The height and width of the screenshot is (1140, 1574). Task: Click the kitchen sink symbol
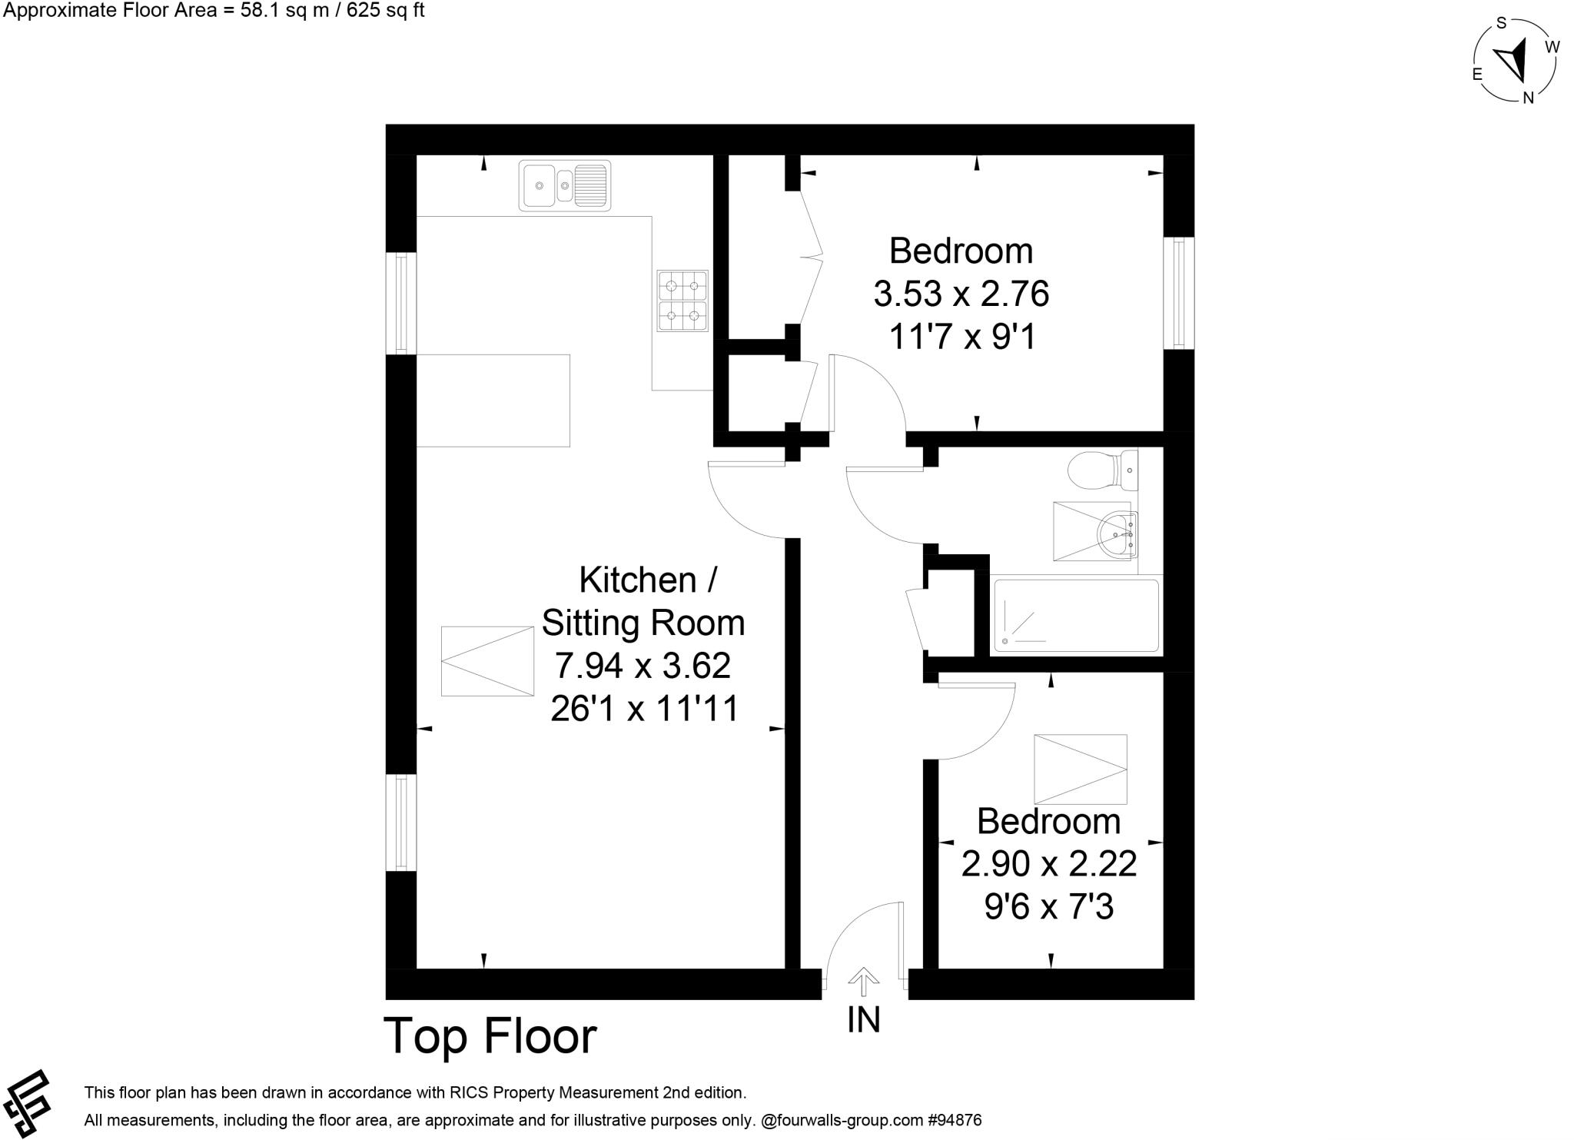(565, 185)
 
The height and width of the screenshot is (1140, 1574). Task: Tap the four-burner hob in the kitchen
(682, 301)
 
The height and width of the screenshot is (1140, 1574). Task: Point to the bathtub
(1075, 616)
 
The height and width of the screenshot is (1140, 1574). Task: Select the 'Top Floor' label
(490, 1035)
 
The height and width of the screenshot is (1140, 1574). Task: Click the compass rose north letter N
(1529, 98)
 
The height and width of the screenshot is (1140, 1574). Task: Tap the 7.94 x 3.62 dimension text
(643, 666)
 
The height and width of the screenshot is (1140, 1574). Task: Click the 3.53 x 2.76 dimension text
(961, 294)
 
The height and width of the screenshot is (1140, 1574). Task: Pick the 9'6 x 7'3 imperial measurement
(1048, 908)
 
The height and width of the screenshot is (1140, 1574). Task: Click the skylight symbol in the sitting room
(487, 661)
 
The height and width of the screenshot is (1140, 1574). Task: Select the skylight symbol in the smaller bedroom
(1080, 768)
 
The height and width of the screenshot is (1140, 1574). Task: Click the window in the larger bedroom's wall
(1179, 293)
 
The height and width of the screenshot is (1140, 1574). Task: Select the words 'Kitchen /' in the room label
(648, 580)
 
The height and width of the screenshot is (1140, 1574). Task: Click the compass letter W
(1552, 47)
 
